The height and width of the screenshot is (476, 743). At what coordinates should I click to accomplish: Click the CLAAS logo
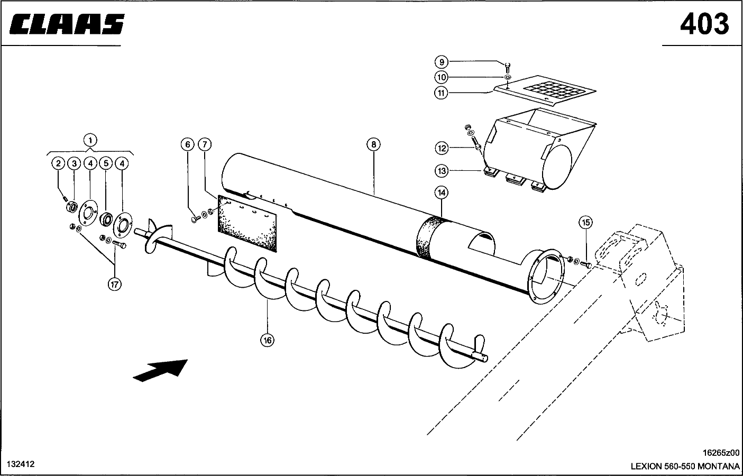67,24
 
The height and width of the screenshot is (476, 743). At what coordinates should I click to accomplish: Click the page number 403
704,24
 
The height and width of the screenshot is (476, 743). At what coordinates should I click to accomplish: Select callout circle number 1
90,140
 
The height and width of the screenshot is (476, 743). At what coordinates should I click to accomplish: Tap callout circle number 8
373,144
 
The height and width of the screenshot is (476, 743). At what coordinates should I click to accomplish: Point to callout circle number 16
268,340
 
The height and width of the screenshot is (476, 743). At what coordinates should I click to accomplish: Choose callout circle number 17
114,284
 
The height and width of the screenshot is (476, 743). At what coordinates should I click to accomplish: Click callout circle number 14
441,193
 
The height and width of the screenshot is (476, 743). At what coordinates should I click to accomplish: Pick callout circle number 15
586,222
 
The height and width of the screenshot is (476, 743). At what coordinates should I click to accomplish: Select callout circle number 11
441,93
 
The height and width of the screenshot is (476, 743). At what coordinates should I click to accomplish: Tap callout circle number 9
442,62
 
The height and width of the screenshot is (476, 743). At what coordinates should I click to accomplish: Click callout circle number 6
187,144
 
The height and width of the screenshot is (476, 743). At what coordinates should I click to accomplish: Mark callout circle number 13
442,171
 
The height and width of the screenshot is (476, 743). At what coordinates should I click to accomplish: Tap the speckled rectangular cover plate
247,223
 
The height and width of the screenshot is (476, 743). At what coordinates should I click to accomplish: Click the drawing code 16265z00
721,453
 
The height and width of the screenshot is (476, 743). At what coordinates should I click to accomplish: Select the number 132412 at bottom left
21,464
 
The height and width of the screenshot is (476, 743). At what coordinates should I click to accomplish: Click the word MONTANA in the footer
719,466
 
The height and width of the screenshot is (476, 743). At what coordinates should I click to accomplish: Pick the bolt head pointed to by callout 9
507,65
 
